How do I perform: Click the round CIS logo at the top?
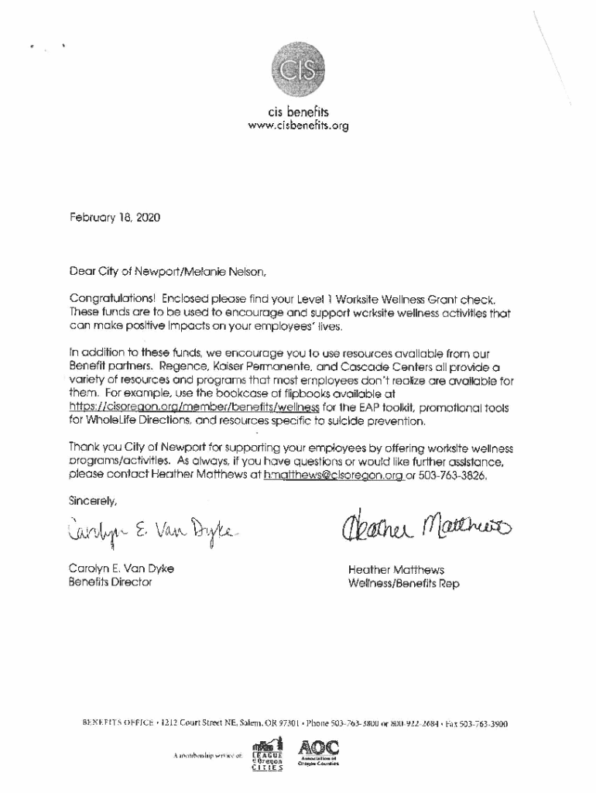pos(298,68)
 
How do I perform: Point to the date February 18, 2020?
pos(115,218)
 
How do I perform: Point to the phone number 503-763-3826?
pos(453,476)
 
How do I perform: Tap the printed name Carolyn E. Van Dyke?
pos(122,568)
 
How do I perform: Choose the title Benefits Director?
pos(111,582)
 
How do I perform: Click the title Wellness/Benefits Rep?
pos(403,584)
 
